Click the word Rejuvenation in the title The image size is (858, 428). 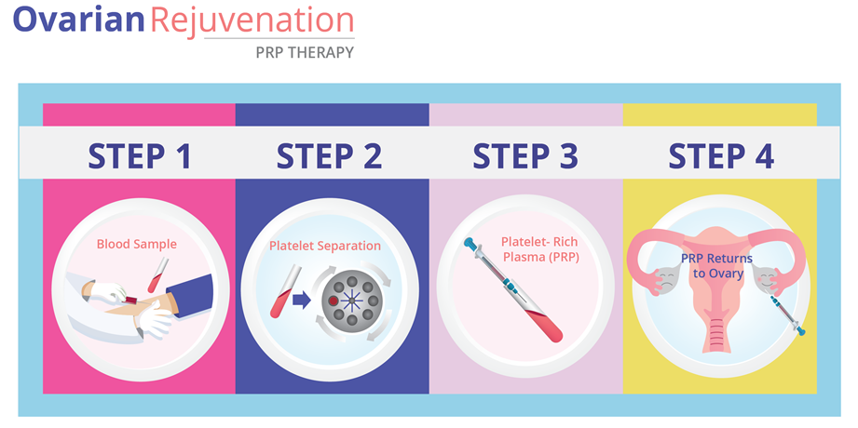pos(252,20)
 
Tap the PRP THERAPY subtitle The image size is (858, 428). pos(305,52)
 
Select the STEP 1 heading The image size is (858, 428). pos(140,155)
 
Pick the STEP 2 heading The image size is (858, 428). pos(329,155)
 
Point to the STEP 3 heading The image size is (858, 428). pos(525,155)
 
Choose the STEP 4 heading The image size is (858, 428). pos(721,155)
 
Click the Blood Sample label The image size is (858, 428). pos(137,244)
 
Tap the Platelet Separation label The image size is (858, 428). pos(325,246)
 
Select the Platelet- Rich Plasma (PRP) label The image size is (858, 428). pos(539,249)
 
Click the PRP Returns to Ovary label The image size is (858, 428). pos(716,266)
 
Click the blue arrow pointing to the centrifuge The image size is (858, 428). pos(302,301)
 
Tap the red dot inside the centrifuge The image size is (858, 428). pos(333,301)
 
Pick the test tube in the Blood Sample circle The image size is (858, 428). pos(156,275)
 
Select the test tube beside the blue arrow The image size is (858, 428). pos(285,291)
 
